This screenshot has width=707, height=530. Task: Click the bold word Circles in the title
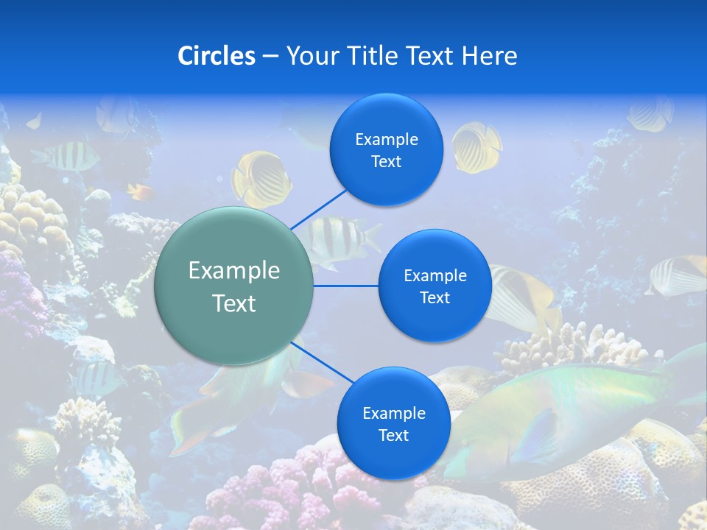coord(217,56)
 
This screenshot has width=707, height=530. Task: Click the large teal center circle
coord(234,286)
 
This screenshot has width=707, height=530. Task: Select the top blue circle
coord(387,149)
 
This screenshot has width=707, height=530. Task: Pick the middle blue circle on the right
coord(435,286)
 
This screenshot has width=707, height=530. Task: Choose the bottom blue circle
coord(393,423)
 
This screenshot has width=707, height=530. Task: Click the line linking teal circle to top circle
coord(320,208)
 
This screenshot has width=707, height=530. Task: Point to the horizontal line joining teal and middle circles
coord(345,286)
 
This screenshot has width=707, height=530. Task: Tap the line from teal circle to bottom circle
coord(323,364)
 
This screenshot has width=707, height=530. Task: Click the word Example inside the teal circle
coord(234,271)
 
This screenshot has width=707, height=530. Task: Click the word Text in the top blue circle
coord(387,162)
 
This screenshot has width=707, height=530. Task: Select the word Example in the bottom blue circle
coord(393,413)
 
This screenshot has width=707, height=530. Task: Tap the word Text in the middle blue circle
coord(435,297)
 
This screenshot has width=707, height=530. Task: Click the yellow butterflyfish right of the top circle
coord(476,146)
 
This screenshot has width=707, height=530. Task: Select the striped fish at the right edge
coord(678,275)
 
